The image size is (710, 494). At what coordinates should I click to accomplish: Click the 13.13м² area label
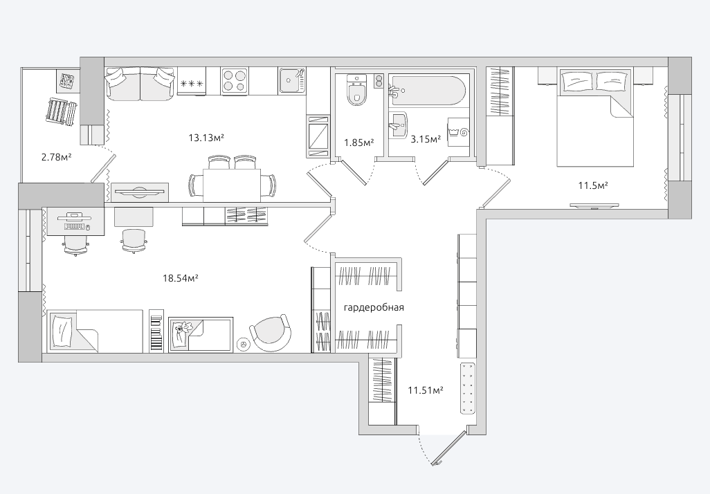click(x=206, y=138)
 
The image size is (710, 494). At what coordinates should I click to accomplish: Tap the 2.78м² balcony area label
click(x=57, y=158)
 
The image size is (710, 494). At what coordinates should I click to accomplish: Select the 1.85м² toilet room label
click(x=358, y=143)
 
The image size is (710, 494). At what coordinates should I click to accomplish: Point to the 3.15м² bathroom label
click(x=425, y=140)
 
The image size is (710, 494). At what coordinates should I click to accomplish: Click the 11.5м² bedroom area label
click(x=593, y=185)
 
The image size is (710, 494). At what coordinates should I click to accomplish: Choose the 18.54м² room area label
click(x=181, y=277)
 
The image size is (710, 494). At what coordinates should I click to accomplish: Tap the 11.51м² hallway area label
click(x=425, y=390)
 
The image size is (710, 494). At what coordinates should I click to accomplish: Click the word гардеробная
click(x=374, y=308)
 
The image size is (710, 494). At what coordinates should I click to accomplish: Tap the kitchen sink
click(x=292, y=82)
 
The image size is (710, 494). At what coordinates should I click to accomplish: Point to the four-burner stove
click(x=235, y=81)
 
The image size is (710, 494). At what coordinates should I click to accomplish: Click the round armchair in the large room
click(x=271, y=333)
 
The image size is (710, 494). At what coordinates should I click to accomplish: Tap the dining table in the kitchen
click(x=232, y=185)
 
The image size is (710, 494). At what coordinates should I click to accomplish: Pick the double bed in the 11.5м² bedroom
click(x=593, y=118)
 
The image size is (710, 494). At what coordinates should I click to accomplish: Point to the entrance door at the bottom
click(x=449, y=448)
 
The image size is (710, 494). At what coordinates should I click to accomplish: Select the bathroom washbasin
click(x=398, y=124)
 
